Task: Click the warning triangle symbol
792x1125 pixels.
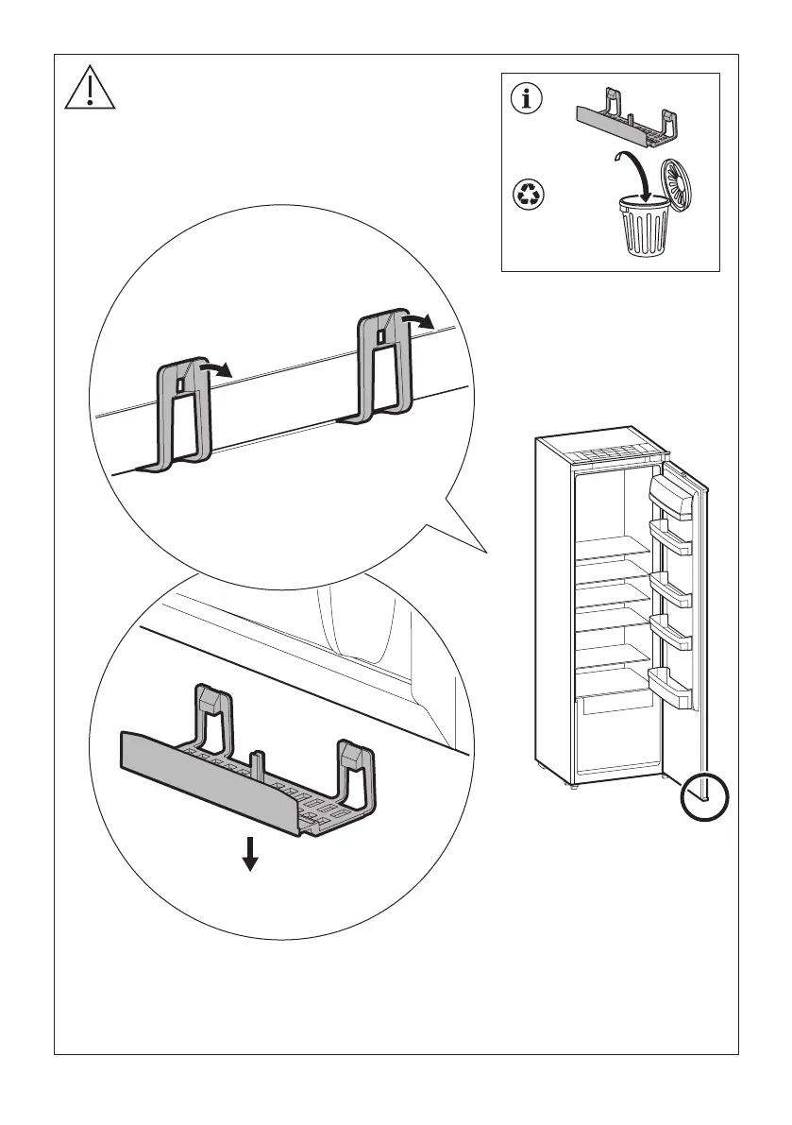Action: (89, 90)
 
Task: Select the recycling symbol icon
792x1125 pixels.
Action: (526, 196)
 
